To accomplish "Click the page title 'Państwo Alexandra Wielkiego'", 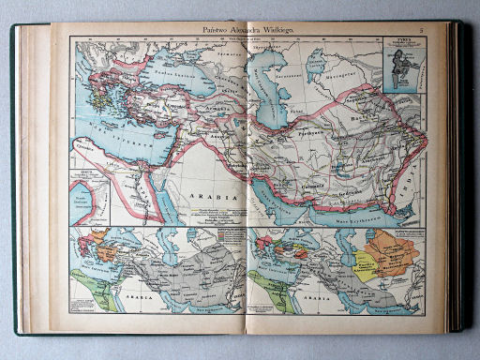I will click(x=245, y=31).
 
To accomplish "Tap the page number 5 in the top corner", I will click(x=422, y=32).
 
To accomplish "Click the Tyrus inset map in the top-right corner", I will click(x=402, y=65).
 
